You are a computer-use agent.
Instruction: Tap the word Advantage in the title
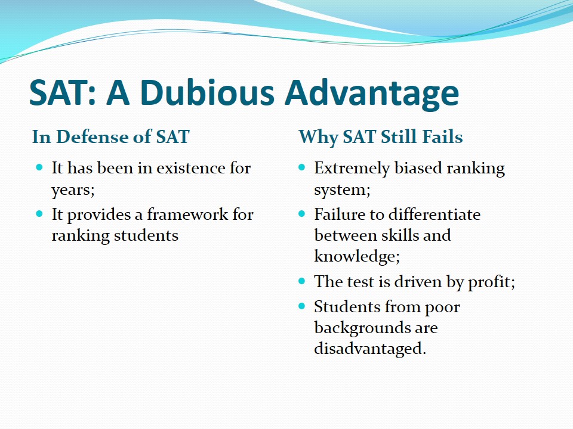click(372, 94)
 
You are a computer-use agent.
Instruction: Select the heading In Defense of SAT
click(111, 137)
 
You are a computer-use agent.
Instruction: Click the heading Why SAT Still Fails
click(381, 137)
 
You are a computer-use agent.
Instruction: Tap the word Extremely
click(352, 169)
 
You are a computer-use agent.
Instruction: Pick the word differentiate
click(434, 214)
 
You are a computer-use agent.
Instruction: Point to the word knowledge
click(357, 256)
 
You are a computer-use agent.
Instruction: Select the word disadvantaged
click(370, 349)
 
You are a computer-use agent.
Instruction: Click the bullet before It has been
click(39, 168)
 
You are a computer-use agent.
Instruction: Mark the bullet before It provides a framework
click(39, 214)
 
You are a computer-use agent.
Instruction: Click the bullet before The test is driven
click(301, 281)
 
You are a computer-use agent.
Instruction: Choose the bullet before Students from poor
click(301, 306)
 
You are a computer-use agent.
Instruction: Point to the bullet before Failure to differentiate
click(301, 214)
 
